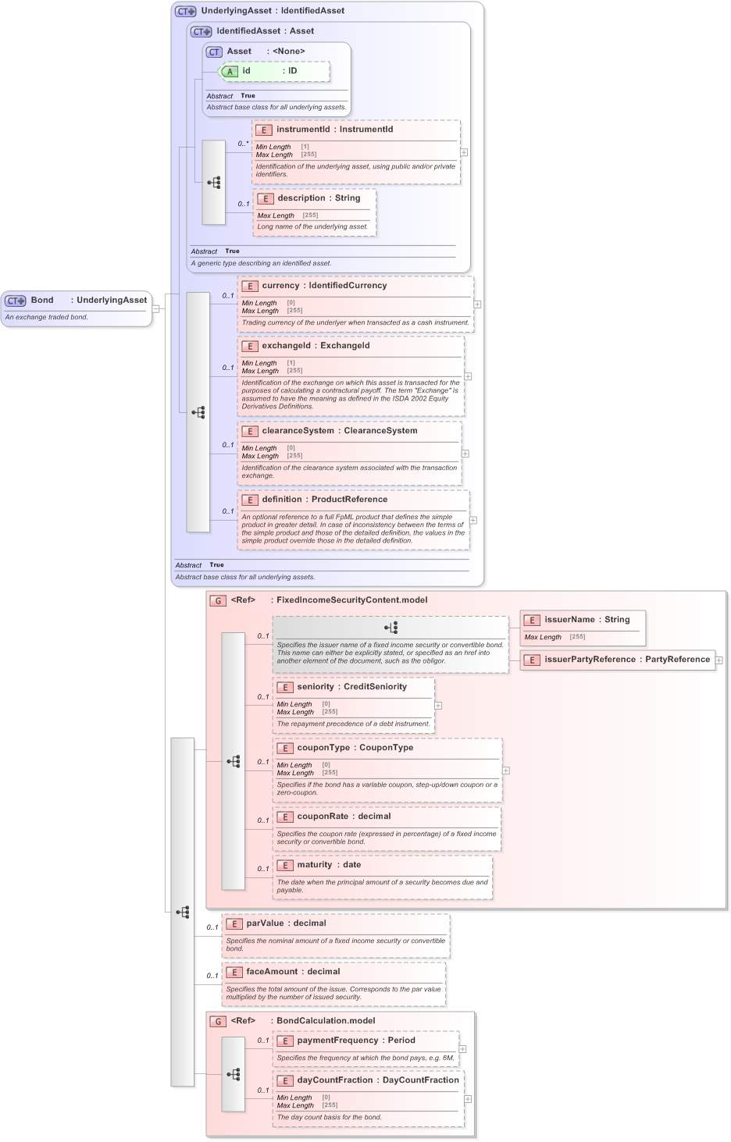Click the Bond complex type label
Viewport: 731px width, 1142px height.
(x=42, y=300)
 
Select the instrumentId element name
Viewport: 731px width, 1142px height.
(x=303, y=130)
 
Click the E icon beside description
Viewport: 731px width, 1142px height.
(x=266, y=198)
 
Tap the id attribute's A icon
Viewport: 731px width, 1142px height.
(x=230, y=71)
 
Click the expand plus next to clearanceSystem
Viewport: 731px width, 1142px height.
(x=465, y=454)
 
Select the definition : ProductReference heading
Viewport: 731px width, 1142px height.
(x=324, y=500)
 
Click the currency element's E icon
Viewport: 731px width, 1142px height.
(x=250, y=286)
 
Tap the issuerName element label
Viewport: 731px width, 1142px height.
(x=569, y=620)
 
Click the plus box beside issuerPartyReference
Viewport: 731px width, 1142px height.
(x=719, y=660)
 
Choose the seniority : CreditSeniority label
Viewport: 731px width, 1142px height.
(x=351, y=687)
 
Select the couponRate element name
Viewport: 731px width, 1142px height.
(x=323, y=816)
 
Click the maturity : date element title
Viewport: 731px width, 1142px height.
(x=328, y=865)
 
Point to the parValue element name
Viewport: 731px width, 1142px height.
(x=266, y=923)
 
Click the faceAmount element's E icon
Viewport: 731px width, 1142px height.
(x=234, y=973)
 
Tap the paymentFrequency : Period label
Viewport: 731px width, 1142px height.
(x=355, y=1041)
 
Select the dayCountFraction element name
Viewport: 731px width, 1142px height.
(x=337, y=1080)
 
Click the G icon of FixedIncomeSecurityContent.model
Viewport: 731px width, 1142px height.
(x=218, y=601)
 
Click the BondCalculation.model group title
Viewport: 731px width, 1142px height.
(x=325, y=1021)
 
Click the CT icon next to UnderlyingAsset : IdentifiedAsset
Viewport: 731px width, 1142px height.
(x=185, y=11)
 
